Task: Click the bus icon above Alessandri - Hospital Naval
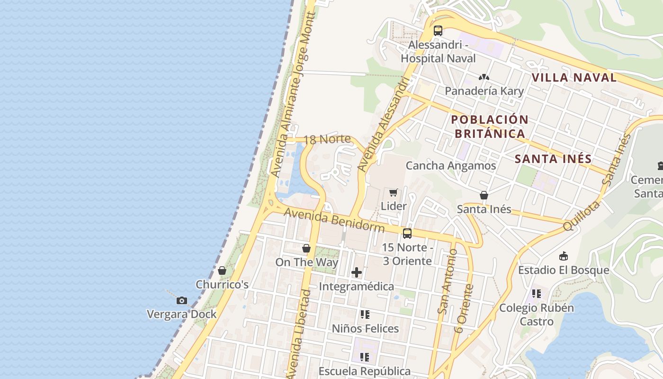[438, 31]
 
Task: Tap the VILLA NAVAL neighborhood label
[574, 78]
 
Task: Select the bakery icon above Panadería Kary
[484, 77]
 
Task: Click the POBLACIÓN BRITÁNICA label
[490, 126]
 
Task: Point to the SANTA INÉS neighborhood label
[553, 159]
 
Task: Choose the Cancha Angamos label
[451, 165]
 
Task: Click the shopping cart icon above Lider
[393, 192]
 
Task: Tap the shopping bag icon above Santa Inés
[484, 195]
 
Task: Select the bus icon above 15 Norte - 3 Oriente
[407, 234]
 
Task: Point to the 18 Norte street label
[327, 140]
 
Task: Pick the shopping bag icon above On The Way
[306, 248]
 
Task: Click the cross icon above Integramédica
[357, 272]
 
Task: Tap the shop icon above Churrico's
[222, 271]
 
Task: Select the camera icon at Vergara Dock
[181, 300]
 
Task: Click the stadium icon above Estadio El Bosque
[564, 256]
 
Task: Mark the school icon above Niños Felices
[365, 315]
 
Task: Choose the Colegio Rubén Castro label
[537, 315]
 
